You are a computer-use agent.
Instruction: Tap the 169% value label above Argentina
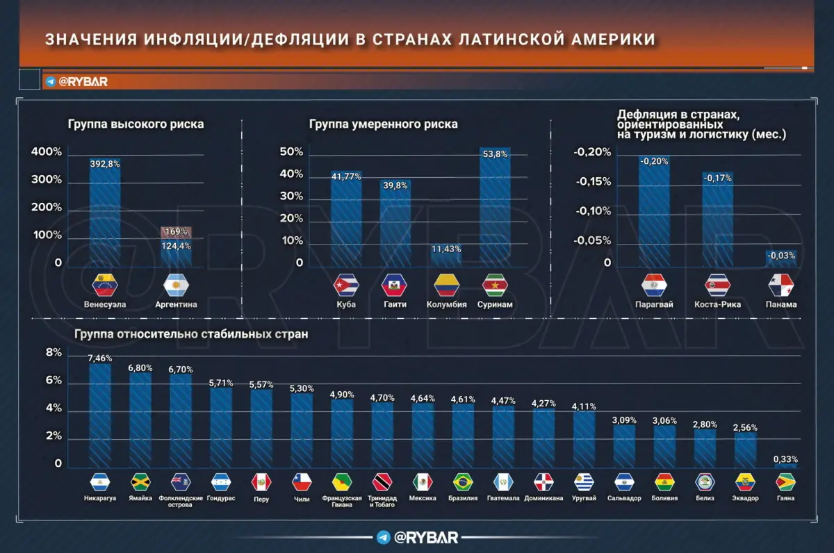(x=176, y=232)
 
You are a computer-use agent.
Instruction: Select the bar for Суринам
(x=495, y=208)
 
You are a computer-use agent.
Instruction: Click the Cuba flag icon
(x=345, y=285)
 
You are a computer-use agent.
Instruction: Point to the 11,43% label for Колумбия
(x=445, y=249)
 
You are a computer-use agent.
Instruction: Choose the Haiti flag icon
(x=395, y=285)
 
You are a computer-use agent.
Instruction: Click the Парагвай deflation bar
(x=654, y=215)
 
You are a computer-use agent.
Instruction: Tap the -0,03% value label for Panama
(x=780, y=256)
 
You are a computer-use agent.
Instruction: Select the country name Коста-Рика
(x=717, y=304)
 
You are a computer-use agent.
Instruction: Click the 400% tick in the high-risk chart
(x=48, y=152)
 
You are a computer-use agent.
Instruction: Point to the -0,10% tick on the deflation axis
(x=591, y=211)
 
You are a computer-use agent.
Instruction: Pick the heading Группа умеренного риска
(x=383, y=124)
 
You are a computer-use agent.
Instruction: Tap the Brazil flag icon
(x=464, y=481)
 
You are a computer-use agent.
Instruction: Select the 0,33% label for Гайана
(x=785, y=459)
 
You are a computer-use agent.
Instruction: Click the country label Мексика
(x=423, y=499)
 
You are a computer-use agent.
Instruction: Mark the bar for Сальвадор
(x=624, y=445)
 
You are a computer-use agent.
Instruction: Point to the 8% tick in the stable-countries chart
(x=54, y=353)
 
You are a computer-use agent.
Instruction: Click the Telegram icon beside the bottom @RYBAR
(x=383, y=537)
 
